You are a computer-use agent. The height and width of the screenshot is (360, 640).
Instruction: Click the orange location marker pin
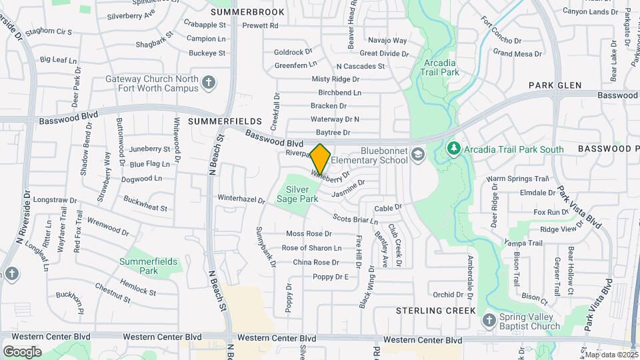[321, 159]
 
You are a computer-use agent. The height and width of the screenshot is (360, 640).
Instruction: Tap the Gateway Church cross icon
[209, 83]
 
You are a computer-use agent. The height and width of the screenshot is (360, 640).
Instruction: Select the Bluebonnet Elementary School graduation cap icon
[418, 155]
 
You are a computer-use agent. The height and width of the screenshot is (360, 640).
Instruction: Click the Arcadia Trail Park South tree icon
[454, 147]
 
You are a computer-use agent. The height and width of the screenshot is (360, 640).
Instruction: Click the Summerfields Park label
[148, 266]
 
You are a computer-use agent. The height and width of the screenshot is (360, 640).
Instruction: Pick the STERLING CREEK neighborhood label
[436, 311]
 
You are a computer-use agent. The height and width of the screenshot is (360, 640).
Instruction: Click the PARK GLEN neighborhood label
[555, 85]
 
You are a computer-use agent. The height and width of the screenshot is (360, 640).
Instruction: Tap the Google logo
[23, 351]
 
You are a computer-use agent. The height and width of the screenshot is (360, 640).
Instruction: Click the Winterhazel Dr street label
[241, 198]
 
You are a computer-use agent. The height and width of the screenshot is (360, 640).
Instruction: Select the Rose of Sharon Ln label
[311, 248]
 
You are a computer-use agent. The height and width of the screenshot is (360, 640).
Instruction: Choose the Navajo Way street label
[387, 41]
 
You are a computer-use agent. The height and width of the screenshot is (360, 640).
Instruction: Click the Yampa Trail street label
[523, 243]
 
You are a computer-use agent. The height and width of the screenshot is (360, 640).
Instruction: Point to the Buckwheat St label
[145, 203]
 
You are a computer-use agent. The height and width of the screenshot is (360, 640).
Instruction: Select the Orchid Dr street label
[447, 294]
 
